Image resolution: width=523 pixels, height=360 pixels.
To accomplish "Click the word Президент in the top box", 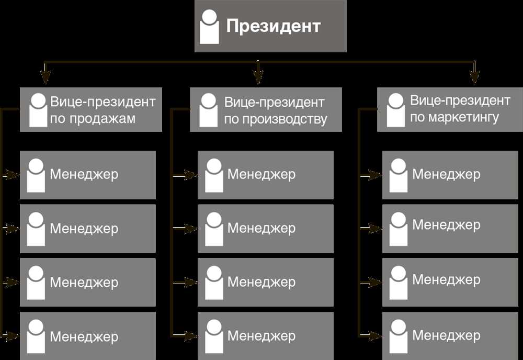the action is (x=274, y=26).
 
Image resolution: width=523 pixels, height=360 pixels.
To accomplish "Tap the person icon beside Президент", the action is (x=210, y=27).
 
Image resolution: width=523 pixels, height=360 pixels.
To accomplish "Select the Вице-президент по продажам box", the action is (x=91, y=109).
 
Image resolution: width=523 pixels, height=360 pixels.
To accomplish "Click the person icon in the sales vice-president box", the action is (x=38, y=110).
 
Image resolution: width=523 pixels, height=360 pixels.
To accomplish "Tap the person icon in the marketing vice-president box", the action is (x=396, y=110).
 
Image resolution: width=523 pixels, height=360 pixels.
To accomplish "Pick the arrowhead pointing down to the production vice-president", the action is (x=258, y=77).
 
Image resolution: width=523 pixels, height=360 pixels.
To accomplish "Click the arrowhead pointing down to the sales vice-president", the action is (x=46, y=77).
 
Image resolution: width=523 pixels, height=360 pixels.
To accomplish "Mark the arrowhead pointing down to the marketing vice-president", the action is (x=474, y=77).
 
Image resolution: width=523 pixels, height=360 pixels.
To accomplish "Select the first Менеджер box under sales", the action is (x=88, y=175).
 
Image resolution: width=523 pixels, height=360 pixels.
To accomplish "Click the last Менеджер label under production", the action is (x=261, y=335).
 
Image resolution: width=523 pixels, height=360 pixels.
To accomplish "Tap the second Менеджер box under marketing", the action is (x=450, y=229).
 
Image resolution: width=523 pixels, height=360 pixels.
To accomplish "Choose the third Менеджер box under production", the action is (x=266, y=282).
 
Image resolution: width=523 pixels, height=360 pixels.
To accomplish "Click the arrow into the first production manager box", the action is (x=185, y=175).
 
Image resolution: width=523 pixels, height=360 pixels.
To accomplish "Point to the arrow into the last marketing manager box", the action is (x=370, y=335).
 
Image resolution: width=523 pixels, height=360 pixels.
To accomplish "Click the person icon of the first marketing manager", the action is (x=398, y=175).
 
